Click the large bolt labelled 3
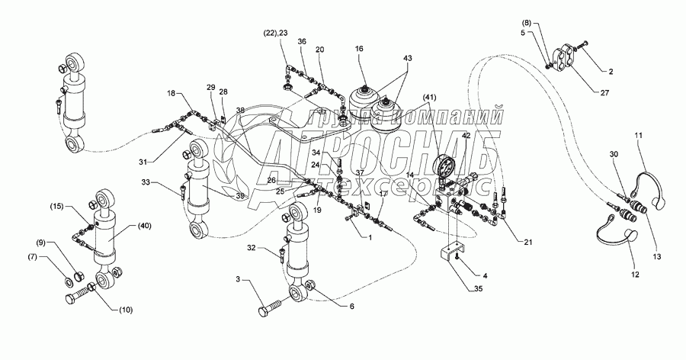click(271, 311)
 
